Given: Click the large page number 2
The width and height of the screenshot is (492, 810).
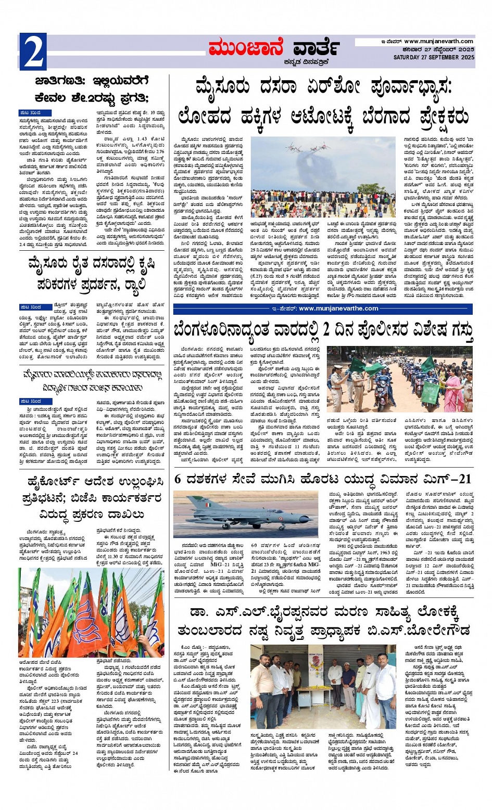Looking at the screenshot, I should pyautogui.click(x=33, y=52).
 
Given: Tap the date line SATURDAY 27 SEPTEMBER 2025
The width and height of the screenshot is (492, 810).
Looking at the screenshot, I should pyautogui.click(x=434, y=57).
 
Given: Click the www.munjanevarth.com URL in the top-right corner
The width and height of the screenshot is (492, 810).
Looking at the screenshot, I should pyautogui.click(x=438, y=42).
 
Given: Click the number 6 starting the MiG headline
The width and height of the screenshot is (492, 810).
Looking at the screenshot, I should pyautogui.click(x=178, y=479).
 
